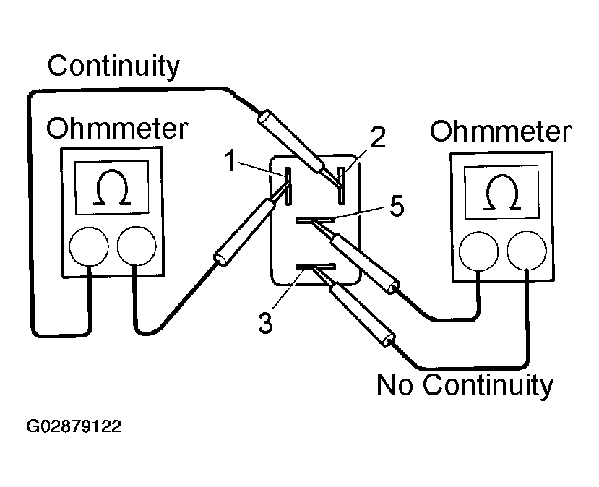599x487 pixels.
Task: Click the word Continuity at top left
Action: (113, 66)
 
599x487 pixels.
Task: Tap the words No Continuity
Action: (464, 384)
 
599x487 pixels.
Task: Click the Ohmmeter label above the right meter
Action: (500, 132)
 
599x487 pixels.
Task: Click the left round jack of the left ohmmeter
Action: (90, 247)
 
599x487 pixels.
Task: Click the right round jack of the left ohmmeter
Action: (136, 247)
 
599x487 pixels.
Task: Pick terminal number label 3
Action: (266, 323)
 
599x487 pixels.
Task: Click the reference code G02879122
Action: (74, 426)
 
